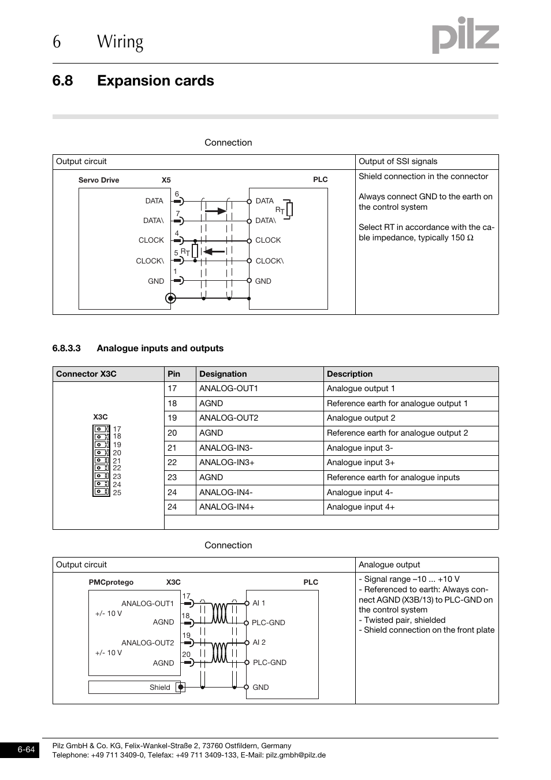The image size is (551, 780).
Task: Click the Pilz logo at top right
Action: tap(466, 35)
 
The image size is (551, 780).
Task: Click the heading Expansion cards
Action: tap(155, 81)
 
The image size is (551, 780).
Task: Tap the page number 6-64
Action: tap(26, 750)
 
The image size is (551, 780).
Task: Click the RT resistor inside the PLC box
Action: tap(289, 209)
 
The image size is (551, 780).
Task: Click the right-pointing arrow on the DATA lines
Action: tap(215, 211)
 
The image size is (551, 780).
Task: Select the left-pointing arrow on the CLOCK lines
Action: tap(214, 251)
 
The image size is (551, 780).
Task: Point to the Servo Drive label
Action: tap(99, 180)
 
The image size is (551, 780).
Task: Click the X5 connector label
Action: tap(166, 180)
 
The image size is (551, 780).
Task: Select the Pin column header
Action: tap(174, 374)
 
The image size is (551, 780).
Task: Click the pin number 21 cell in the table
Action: tap(172, 448)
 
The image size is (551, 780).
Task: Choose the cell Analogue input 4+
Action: tap(361, 507)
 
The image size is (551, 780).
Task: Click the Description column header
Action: tap(349, 374)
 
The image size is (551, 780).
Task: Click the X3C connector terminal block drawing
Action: tap(101, 460)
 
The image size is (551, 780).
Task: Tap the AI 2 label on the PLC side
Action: tap(259, 642)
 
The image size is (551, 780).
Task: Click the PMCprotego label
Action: tap(111, 582)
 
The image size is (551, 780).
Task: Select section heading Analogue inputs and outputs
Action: tap(160, 348)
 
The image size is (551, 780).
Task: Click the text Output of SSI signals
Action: tap(398, 161)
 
